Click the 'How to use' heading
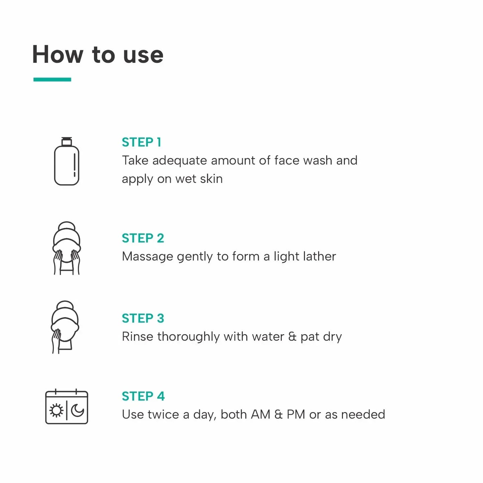(x=98, y=54)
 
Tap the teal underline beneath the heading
(x=52, y=80)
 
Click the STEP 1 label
(x=141, y=142)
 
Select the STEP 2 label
(x=143, y=238)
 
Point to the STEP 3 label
(x=143, y=319)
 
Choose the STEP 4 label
(x=143, y=396)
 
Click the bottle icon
(x=67, y=164)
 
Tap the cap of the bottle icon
(x=67, y=141)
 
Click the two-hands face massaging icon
(x=67, y=248)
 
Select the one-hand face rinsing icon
(x=65, y=327)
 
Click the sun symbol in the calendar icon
(x=56, y=410)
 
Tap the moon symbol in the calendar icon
(x=78, y=410)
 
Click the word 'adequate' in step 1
(x=179, y=161)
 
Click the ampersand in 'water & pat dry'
(x=292, y=337)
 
